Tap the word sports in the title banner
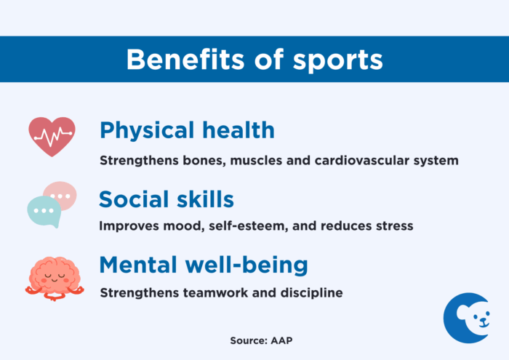(337, 60)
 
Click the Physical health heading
(187, 131)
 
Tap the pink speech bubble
(60, 195)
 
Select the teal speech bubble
(44, 210)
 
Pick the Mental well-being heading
(203, 265)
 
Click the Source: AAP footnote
(254, 340)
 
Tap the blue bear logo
(466, 317)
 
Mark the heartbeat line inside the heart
(52, 135)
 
